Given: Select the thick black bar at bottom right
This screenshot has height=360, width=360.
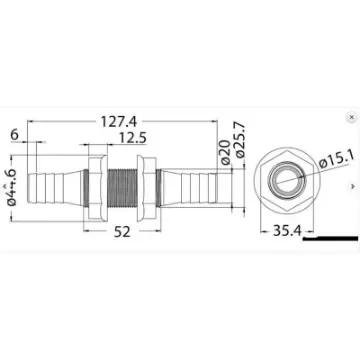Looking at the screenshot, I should (x=329, y=240).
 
